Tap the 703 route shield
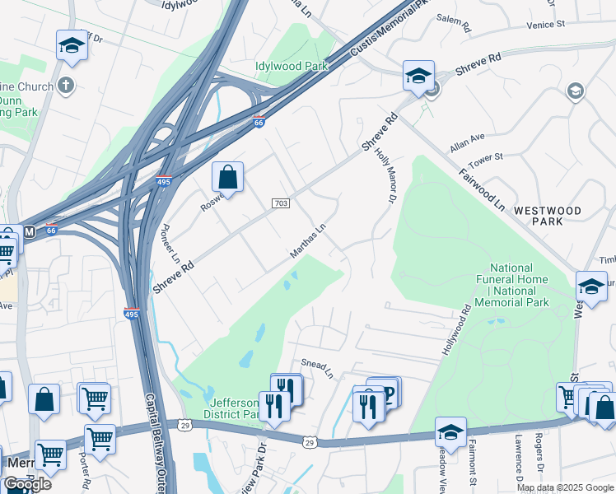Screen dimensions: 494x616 (280, 203)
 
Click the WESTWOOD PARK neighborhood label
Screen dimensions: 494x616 (548, 216)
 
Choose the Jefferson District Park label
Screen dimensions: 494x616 (236, 408)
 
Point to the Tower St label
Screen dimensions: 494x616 (486, 156)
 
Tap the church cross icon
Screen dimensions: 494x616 (66, 85)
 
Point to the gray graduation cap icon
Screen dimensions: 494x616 (576, 91)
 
